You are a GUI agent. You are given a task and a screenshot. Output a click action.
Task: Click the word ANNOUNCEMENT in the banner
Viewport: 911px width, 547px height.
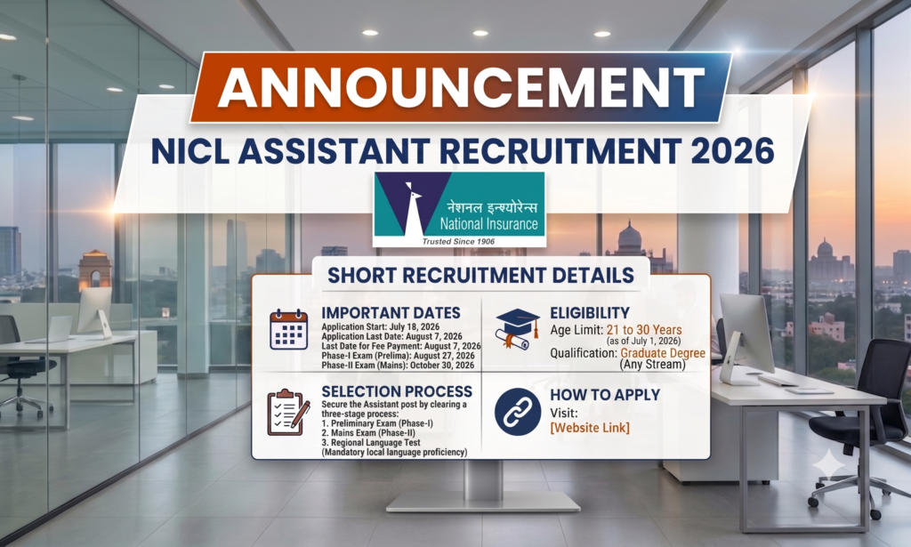[461, 87]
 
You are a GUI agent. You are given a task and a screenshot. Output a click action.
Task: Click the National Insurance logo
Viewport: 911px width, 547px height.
[460, 209]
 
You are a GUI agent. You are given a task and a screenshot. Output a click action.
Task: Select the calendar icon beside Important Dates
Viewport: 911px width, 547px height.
[289, 329]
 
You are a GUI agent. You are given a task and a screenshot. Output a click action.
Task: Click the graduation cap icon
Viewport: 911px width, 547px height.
[517, 329]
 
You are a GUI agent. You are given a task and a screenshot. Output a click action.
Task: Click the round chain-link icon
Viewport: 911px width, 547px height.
[518, 413]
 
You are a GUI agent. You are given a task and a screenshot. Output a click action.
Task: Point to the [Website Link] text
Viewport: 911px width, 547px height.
[590, 428]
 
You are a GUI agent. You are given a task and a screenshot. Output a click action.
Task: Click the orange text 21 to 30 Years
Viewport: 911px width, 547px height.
[644, 330]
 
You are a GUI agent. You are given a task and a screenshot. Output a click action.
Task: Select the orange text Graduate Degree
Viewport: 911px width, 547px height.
[663, 352]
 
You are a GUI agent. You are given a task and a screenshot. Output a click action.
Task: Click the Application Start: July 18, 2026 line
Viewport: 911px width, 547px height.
[381, 327]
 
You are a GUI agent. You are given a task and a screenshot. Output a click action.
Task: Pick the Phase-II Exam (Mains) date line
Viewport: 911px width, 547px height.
[398, 366]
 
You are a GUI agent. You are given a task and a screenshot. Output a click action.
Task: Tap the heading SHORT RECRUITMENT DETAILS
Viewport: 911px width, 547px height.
[480, 275]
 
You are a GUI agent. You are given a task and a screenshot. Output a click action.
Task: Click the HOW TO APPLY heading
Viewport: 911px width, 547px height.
[605, 395]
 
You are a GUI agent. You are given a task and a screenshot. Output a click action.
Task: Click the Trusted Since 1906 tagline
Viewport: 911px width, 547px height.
[458, 241]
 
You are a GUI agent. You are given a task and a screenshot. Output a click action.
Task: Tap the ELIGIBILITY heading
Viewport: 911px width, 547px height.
[590, 313]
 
